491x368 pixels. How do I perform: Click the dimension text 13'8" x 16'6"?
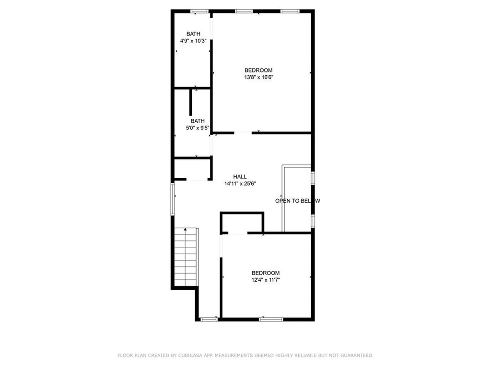click(258, 77)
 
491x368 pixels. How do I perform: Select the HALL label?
click(240, 176)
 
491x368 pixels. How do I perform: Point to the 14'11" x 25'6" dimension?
click(240, 184)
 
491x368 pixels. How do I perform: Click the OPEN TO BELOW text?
click(297, 201)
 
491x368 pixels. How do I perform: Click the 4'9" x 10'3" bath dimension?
click(193, 41)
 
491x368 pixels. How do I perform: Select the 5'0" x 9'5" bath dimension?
click(197, 128)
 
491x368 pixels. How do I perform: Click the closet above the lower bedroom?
click(242, 223)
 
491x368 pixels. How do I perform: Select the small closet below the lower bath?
click(192, 169)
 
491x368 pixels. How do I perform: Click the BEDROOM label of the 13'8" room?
click(258, 70)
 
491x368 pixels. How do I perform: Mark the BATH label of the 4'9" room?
click(193, 34)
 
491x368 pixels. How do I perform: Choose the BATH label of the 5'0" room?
click(197, 121)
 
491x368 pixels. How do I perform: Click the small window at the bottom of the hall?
click(209, 319)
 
